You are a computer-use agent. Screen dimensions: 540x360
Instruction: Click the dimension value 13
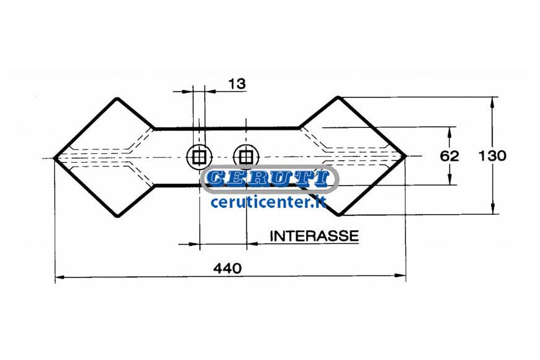(237, 84)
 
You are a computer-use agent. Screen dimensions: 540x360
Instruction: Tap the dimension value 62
(449, 156)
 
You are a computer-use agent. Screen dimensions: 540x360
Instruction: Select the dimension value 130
(492, 156)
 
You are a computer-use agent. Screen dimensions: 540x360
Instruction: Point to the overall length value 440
(227, 268)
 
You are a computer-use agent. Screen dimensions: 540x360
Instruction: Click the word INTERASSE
(314, 236)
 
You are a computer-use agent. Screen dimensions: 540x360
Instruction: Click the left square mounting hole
(199, 157)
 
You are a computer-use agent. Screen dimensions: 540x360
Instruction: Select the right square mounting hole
(246, 157)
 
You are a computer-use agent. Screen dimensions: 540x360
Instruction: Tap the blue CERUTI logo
(269, 179)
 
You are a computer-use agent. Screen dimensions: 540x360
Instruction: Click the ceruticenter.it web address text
(268, 202)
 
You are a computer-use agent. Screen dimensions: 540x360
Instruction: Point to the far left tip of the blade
(55, 158)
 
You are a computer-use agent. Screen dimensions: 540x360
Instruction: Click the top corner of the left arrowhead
(117, 99)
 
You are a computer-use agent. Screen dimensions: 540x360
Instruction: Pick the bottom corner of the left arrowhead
(117, 216)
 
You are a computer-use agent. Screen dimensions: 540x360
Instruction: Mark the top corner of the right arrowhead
(339, 98)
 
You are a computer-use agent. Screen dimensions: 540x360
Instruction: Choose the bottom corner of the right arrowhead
(339, 214)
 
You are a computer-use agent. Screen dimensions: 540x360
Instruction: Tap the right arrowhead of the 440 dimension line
(400, 275)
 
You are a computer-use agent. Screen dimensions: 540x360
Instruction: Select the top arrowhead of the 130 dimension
(493, 102)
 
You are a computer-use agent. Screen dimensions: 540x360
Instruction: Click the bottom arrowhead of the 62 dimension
(450, 179)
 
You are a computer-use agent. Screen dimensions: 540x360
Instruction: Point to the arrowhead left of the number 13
(187, 91)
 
